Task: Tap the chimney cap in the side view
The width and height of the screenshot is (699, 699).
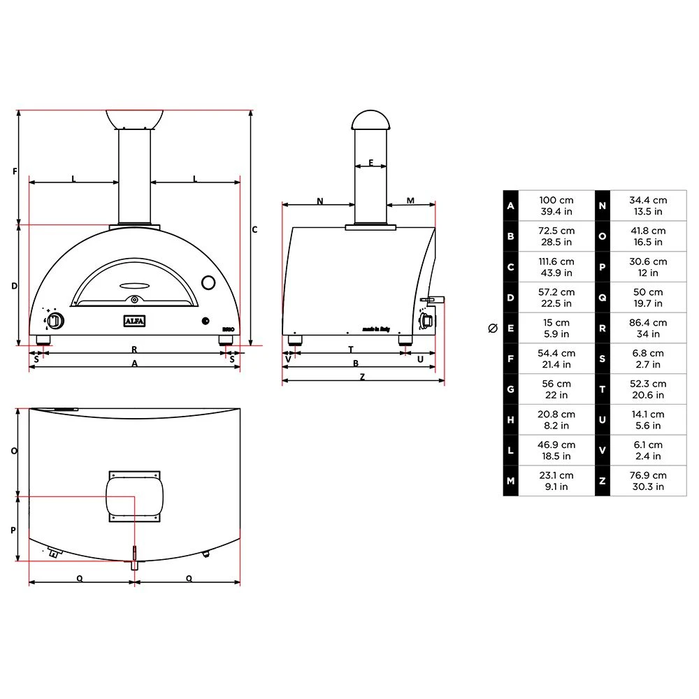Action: pos(370,120)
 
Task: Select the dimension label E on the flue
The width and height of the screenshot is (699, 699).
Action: pos(370,163)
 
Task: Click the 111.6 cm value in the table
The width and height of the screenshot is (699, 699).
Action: pos(556,261)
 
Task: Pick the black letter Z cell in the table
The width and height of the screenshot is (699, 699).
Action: pos(602,481)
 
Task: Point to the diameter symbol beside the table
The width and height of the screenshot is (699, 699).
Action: pos(493,328)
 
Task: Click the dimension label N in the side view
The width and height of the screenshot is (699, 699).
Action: pos(320,201)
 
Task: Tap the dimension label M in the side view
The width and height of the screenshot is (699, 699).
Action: pos(410,201)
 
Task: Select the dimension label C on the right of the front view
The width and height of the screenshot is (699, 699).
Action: pos(255,229)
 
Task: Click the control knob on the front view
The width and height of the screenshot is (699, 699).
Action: pos(55,322)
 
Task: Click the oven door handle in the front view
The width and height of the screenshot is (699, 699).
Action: pos(135,285)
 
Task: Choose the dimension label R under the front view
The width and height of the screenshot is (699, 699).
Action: pos(134,349)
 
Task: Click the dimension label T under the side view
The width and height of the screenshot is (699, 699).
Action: pos(350,349)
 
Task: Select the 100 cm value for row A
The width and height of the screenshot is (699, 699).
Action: pos(556,201)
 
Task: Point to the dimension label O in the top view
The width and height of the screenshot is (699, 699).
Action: pos(14,451)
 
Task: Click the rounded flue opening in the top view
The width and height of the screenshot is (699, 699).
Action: pos(134,495)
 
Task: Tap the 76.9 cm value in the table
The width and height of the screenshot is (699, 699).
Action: pos(648,475)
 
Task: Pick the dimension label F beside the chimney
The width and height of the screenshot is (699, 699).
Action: pos(15,171)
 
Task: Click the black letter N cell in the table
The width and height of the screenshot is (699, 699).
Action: pos(602,206)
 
